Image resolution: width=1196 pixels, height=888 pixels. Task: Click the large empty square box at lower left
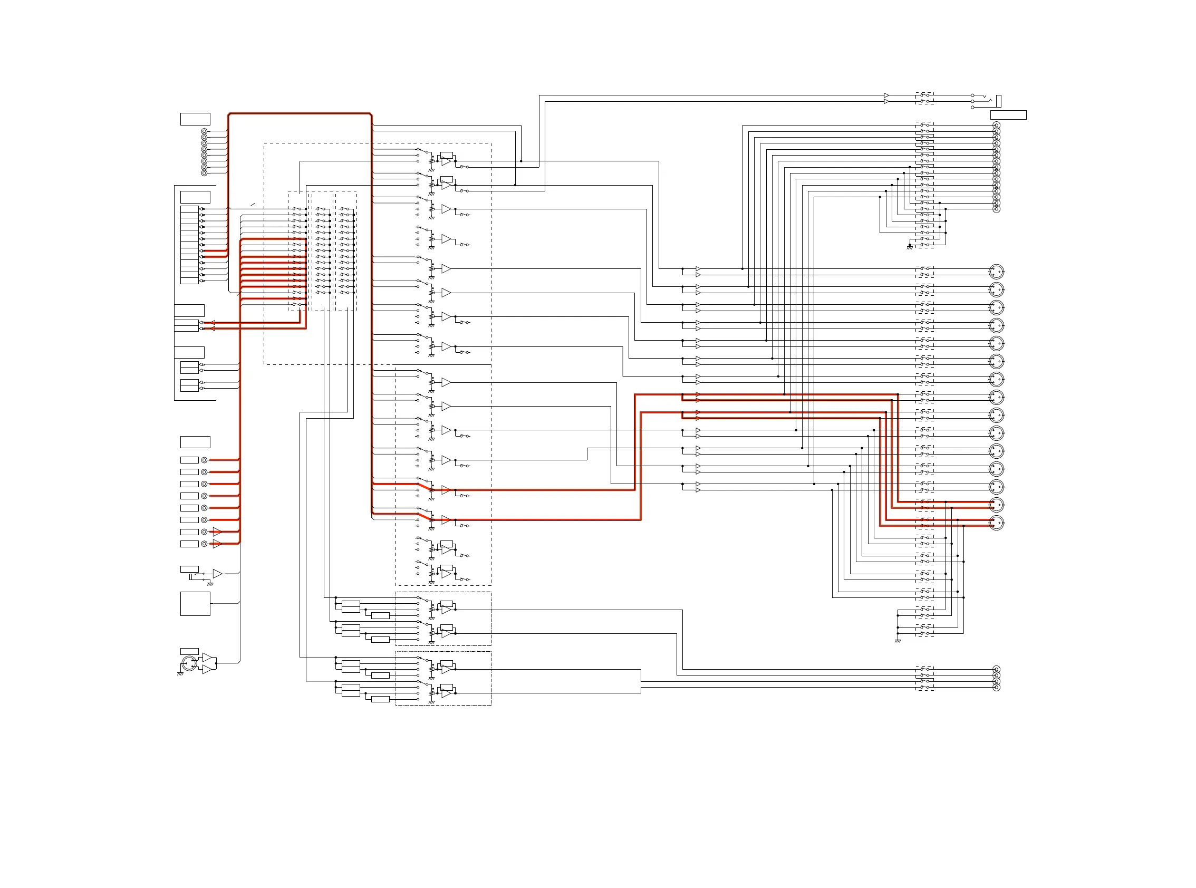point(195,604)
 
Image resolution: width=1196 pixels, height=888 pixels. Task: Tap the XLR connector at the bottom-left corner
point(188,663)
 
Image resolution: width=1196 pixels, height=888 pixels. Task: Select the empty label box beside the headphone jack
point(1008,115)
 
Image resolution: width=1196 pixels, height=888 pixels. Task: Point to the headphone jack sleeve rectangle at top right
point(998,101)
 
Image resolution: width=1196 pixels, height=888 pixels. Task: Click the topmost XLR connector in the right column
point(996,272)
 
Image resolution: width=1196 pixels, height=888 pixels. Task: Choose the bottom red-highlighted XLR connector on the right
point(996,523)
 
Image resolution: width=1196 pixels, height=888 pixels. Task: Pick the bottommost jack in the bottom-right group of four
point(996,688)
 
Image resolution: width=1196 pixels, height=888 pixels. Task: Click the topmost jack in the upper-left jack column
point(204,131)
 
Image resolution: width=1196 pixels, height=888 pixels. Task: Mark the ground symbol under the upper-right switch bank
point(910,247)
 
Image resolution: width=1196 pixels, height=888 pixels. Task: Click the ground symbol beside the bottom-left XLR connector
point(180,673)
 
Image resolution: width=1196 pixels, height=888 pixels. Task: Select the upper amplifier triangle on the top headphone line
point(886,95)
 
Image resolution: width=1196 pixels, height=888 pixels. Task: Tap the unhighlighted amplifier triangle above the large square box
point(217,574)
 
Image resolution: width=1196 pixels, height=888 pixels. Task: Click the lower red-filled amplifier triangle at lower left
point(217,544)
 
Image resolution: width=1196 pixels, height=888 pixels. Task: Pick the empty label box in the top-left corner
point(195,119)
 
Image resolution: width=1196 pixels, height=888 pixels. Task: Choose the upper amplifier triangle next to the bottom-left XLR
point(207,658)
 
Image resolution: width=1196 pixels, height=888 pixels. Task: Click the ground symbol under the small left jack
point(210,584)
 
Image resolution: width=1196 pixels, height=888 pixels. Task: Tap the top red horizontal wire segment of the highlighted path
point(300,113)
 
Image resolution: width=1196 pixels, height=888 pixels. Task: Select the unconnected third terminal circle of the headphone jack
point(972,108)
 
